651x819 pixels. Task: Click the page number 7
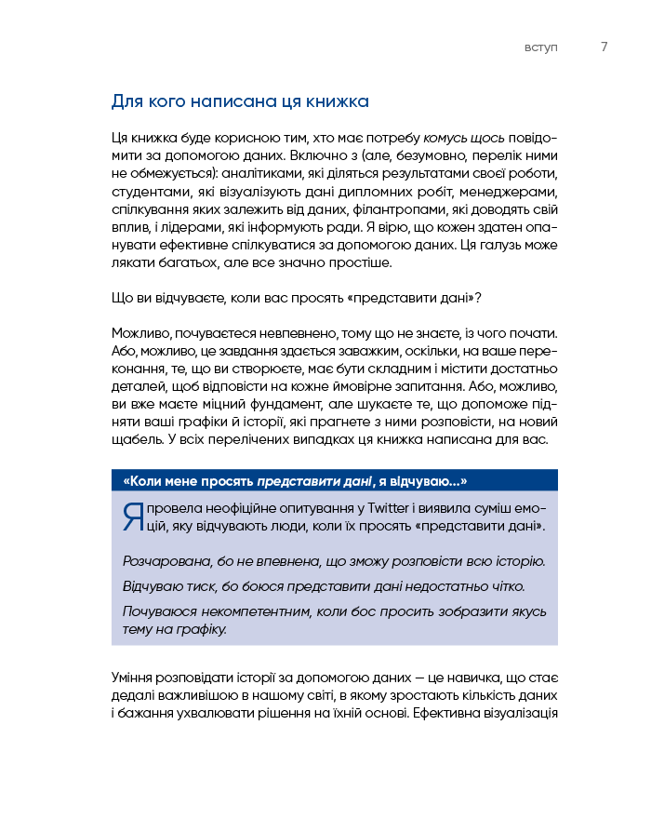(x=604, y=47)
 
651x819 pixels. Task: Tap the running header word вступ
(x=541, y=48)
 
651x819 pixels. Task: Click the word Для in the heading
(x=126, y=101)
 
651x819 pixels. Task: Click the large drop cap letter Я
(x=132, y=517)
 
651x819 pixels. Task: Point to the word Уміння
(x=134, y=678)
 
